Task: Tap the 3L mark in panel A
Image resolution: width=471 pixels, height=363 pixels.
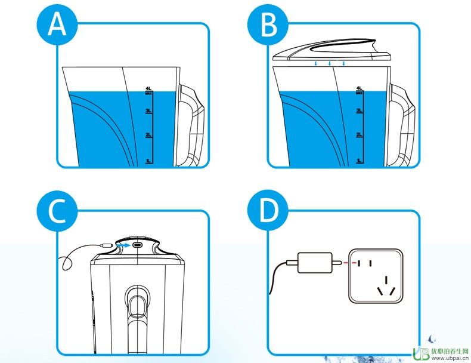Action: coord(150,110)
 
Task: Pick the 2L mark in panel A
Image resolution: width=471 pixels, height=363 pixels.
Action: coord(150,135)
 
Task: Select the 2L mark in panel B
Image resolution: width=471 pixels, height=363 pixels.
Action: coord(359,135)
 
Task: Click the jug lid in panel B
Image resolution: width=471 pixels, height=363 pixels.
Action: coord(331,50)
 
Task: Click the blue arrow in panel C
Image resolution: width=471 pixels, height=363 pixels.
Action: coord(123,245)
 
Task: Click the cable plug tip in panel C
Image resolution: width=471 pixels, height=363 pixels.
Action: coord(107,245)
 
